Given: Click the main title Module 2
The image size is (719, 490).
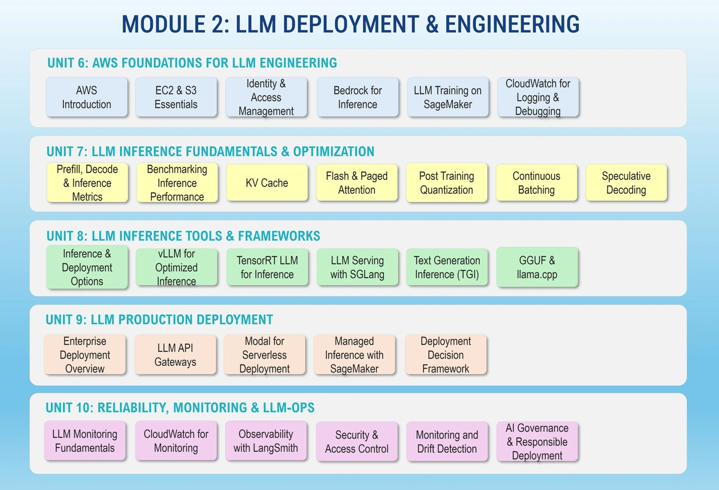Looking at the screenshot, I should pos(351,24).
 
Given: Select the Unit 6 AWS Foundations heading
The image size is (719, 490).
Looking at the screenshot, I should pos(192,62).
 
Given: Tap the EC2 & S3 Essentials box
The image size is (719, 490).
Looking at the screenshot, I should pos(176,97).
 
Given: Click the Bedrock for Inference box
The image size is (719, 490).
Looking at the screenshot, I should pos(357,97).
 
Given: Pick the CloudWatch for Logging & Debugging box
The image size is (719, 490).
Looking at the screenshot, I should pos(537,97).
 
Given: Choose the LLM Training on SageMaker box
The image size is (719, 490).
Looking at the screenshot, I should pos(448,97).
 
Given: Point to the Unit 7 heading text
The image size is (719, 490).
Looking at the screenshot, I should pos(210,151).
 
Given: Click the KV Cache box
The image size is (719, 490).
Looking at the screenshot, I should pos(267,183).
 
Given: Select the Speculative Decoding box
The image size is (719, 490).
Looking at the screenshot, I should pos(626,183).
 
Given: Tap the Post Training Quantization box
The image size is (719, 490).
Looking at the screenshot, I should pos(446,183).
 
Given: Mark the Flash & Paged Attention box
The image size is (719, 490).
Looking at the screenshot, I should pos(357,183).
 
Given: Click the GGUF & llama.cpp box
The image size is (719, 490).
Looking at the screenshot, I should pos(537,267).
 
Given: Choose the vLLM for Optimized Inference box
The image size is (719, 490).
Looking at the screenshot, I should pos(176,267).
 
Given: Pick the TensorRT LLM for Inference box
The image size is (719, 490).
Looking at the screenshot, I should pos(267,267).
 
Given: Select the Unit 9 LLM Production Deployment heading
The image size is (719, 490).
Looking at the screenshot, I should pos(159,320).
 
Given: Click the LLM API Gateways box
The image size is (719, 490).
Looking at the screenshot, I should pos(175,355).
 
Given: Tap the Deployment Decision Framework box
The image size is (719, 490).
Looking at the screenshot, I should pos(445,355).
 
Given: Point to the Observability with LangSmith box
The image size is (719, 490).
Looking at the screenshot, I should pos(265,441).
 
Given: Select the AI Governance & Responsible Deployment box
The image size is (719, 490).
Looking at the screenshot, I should pos(537,441).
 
